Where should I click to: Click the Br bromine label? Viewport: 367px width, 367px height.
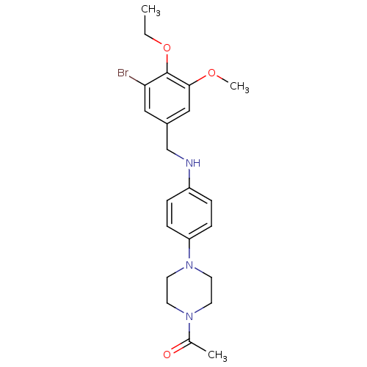(x=123, y=73)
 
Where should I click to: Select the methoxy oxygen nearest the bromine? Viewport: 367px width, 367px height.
(x=167, y=48)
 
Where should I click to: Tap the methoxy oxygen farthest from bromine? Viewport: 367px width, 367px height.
(x=212, y=73)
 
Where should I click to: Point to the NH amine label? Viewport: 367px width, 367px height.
(x=192, y=163)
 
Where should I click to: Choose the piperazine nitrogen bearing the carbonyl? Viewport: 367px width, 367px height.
(x=190, y=318)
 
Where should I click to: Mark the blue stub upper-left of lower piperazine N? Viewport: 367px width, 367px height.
(x=179, y=311)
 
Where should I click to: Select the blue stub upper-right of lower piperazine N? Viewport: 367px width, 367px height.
(x=201, y=311)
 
